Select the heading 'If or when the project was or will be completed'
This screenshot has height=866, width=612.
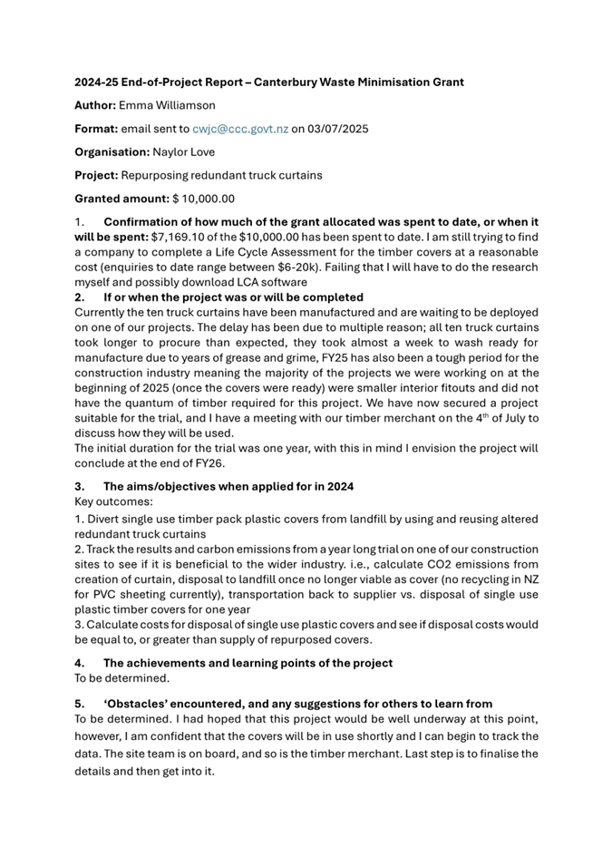(x=234, y=297)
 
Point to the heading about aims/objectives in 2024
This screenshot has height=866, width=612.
(x=228, y=486)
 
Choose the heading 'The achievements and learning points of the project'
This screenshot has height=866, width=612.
(x=248, y=663)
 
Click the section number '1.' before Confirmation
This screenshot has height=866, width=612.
(x=80, y=222)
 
